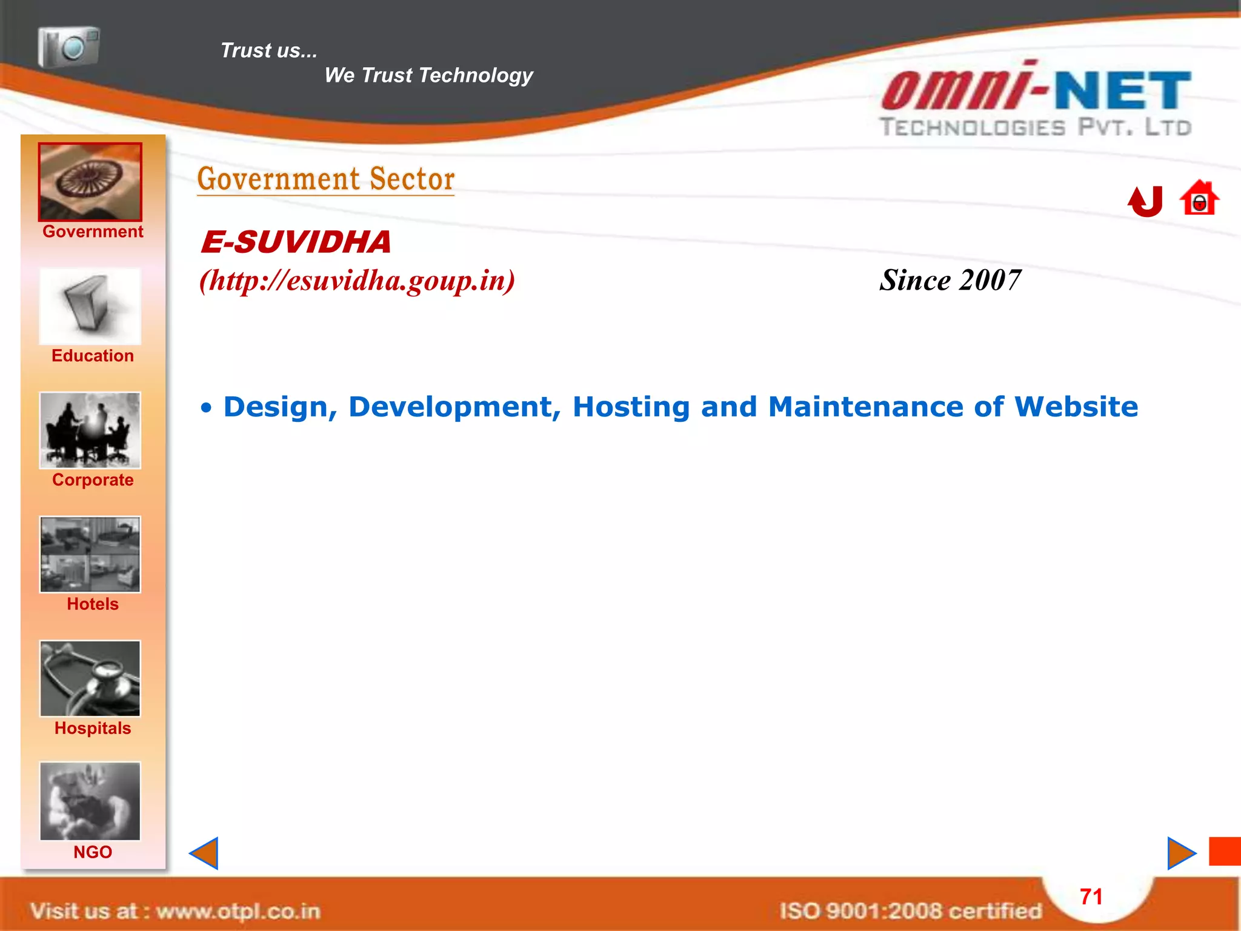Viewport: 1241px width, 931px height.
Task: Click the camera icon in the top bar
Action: tap(68, 47)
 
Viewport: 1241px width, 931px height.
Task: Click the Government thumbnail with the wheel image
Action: tap(90, 182)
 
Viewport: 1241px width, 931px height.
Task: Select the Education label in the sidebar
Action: tap(92, 356)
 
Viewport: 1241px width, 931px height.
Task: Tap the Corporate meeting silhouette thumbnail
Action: tap(90, 430)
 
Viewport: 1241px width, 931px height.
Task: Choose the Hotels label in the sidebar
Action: tap(92, 604)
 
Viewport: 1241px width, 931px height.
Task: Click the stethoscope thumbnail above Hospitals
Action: tap(90, 679)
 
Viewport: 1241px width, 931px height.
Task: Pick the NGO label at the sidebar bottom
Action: tap(92, 852)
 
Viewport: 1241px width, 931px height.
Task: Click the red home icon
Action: tap(1199, 198)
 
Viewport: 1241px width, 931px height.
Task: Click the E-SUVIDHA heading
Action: tap(296, 242)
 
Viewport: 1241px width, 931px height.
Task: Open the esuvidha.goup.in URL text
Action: tap(358, 281)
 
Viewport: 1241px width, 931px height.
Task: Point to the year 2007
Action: tap(990, 281)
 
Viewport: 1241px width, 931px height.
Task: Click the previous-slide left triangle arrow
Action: tap(205, 853)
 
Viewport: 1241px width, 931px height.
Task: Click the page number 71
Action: tap(1091, 896)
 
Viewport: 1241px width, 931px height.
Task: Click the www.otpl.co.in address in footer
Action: tap(238, 911)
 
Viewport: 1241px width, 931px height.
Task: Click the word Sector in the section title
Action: tap(412, 179)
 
